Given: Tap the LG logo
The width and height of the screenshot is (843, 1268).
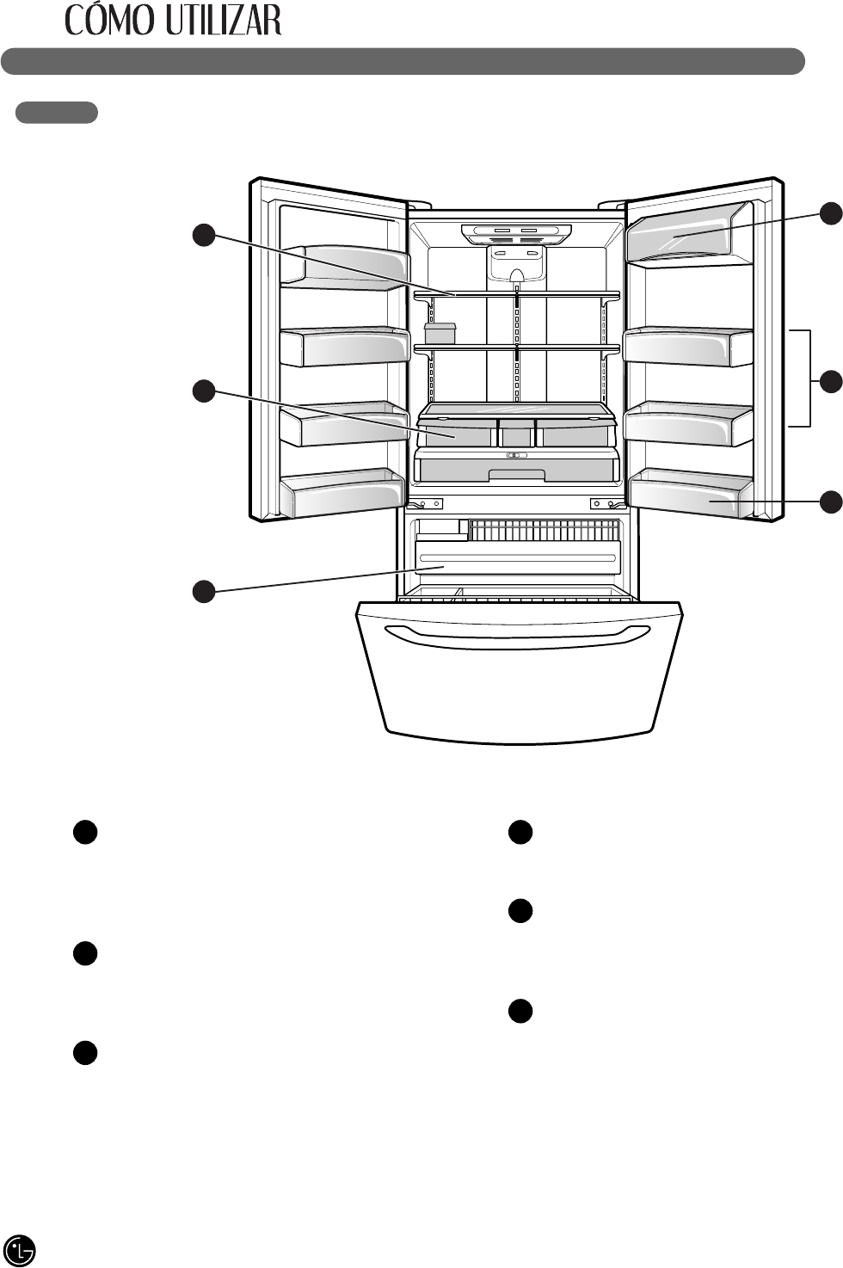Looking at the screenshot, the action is (20, 1249).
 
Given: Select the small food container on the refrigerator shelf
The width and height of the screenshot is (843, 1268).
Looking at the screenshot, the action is (440, 333).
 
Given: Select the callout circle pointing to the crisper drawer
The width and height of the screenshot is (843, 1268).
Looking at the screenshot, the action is (203, 391).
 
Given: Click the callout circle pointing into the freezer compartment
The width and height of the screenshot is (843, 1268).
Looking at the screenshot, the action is (203, 591).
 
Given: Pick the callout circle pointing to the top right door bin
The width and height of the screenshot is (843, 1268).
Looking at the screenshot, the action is (831, 213).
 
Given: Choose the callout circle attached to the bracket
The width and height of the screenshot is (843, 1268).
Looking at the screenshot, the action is (831, 381).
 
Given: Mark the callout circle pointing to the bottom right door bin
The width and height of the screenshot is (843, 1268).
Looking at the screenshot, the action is (831, 502).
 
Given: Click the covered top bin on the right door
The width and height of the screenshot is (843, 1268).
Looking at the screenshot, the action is (688, 232).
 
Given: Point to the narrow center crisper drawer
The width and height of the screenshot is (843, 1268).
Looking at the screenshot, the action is (516, 433).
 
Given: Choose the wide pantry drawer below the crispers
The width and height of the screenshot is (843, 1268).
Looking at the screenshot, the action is (516, 467).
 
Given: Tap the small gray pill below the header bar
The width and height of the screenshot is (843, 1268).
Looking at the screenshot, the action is (56, 113).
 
